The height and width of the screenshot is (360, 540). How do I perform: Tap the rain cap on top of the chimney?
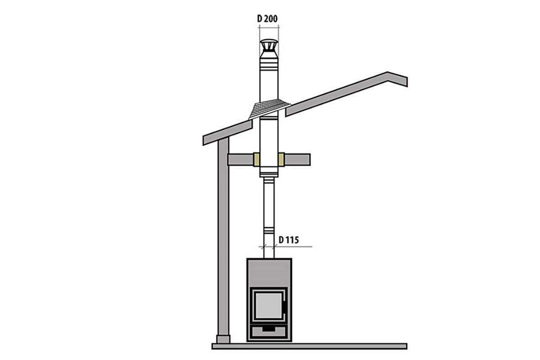tap(269, 46)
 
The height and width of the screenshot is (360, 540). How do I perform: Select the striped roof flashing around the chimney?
tap(269, 108)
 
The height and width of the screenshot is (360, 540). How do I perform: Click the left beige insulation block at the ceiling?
tap(256, 159)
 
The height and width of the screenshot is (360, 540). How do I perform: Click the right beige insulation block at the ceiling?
tap(281, 159)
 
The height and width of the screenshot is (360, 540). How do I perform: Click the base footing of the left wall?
tap(222, 339)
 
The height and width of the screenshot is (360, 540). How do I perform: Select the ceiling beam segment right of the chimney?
tap(297, 159)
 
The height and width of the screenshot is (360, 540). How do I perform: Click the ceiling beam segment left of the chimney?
tap(240, 159)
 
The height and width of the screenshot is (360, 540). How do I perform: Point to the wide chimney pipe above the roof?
tap(269, 81)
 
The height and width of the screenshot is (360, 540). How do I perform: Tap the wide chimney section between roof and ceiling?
tap(269, 135)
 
